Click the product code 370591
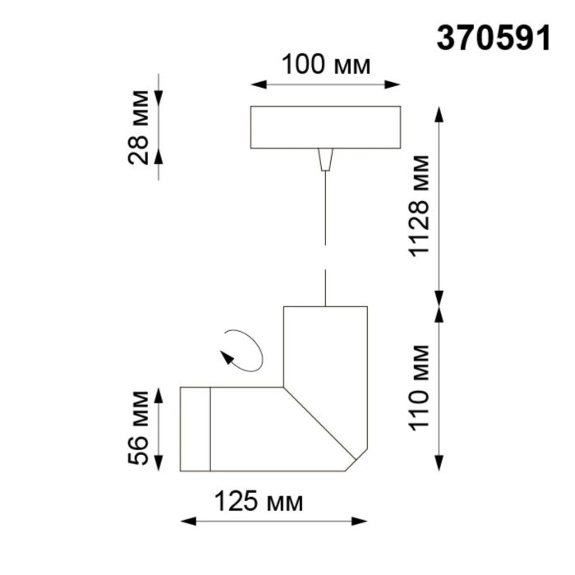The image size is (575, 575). coord(493,39)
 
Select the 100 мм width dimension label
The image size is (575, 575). coord(325,64)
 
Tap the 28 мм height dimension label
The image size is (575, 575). coord(140,127)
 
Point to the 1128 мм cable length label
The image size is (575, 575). coord(420,205)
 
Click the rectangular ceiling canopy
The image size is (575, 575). coord(325,127)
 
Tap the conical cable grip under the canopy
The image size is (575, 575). coord(326,158)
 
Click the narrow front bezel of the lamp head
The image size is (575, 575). coord(195,429)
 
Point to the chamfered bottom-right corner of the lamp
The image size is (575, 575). coord(357,460)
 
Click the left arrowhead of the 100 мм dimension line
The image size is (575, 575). coord(255,84)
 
